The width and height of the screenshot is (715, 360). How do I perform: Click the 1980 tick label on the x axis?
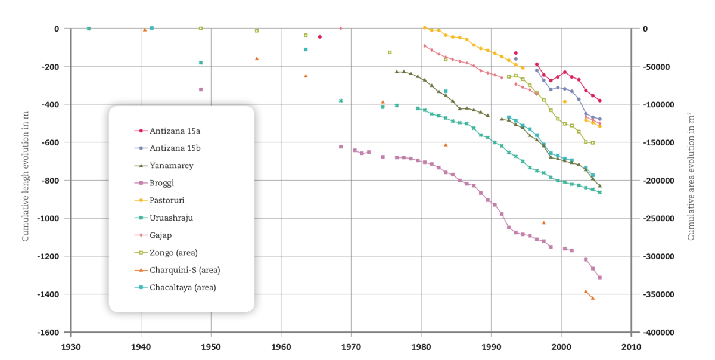coord(421,346)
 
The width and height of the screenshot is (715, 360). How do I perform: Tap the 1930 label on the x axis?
coord(71,346)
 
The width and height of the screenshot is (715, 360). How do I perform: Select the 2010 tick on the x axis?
coord(631,346)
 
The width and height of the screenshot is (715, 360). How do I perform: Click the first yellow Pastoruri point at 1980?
coord(424,27)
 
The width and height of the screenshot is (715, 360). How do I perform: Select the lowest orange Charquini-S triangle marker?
coord(592,298)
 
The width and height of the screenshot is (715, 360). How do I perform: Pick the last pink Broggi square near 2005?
coord(599,277)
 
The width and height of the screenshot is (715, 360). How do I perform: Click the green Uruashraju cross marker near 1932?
coord(89,29)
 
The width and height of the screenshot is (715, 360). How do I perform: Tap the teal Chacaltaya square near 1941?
coord(151,28)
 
